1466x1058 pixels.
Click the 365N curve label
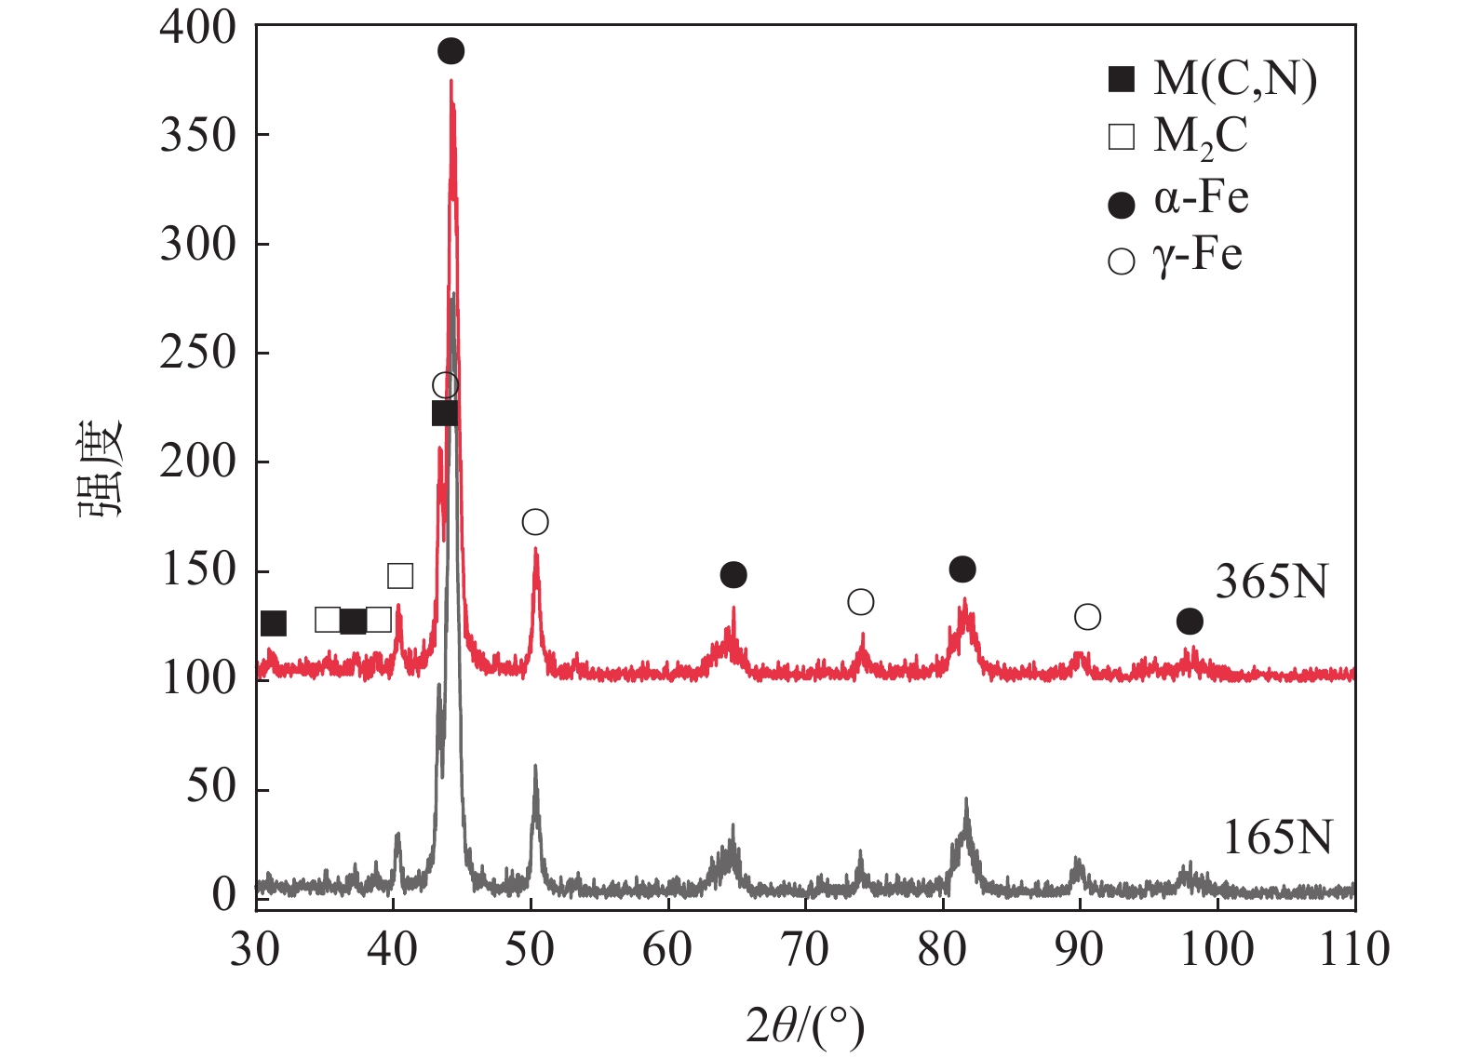pos(1271,583)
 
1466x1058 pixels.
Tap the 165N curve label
pos(1276,838)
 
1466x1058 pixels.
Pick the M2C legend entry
pos(1177,137)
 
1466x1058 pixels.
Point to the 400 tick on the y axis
pos(198,28)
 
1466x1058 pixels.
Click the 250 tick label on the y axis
pos(198,353)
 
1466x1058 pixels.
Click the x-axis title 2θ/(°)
pos(805,1025)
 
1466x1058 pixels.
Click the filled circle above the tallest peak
pos(451,51)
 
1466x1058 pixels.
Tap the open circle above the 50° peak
pos(535,522)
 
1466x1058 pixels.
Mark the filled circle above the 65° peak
pos(733,575)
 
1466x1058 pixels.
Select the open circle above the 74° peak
pos(861,602)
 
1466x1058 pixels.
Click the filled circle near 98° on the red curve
pos(1190,621)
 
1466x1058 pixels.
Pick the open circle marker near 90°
pos(1087,617)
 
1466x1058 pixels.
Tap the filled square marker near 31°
pos(274,623)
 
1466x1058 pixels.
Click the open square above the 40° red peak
pos(400,576)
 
